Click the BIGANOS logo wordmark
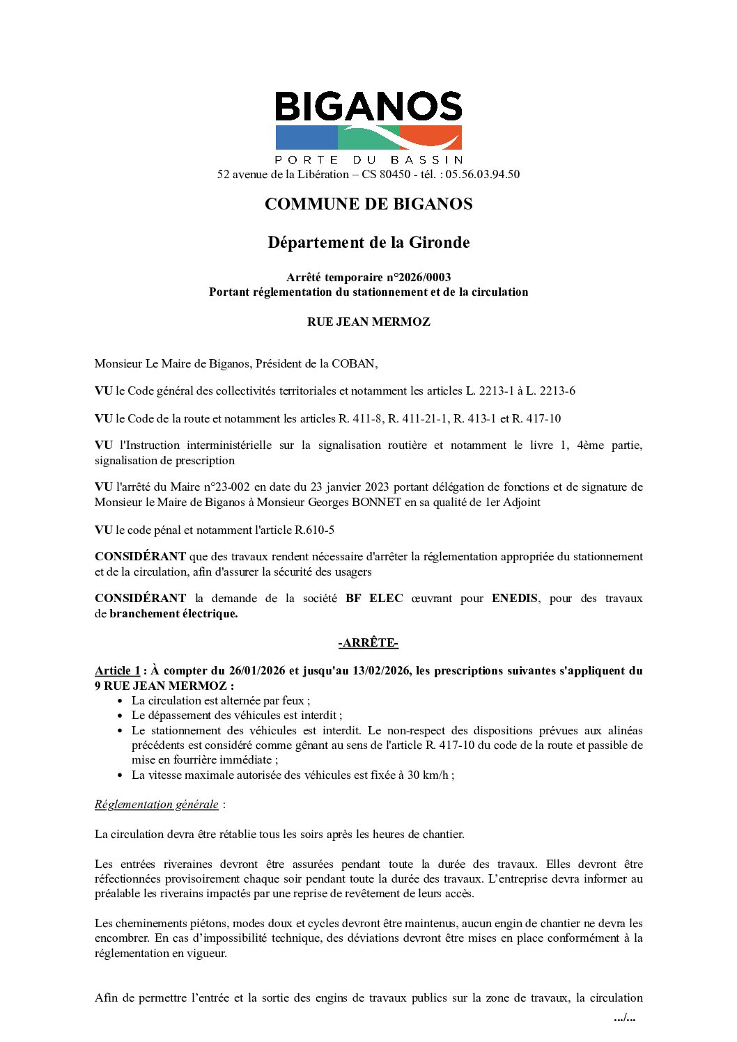pos(368,106)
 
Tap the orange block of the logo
pos(430,136)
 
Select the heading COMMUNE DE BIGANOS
pos(368,204)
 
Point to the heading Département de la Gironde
pos(368,242)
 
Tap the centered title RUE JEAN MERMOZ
pos(368,322)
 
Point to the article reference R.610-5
pos(314,530)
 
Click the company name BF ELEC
pos(374,598)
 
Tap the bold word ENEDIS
pos(514,598)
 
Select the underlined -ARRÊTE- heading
pos(368,642)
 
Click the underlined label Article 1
pos(117,670)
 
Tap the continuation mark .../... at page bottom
pos(624,1018)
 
